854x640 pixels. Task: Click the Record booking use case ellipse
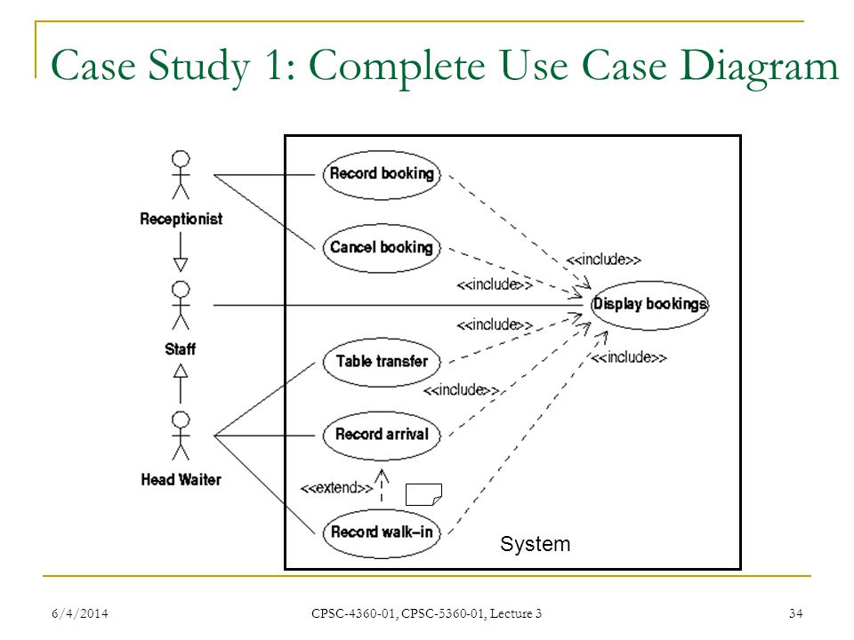382,175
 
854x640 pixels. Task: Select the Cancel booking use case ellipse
382,248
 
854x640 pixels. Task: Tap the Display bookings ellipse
649,305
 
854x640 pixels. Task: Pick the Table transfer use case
382,362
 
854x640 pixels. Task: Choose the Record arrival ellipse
382,436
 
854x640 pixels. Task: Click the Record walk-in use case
382,532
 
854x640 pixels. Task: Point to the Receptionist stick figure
181,175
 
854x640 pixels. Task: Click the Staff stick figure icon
181,305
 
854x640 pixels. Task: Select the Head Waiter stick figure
181,436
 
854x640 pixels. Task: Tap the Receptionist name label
181,219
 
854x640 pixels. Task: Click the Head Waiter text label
181,479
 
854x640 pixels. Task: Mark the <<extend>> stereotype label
336,487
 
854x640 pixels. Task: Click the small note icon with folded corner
423,494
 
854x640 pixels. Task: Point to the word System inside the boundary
536,544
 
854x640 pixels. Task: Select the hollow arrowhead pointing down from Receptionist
181,265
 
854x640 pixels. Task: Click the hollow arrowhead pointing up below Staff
181,371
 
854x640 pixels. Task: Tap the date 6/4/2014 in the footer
80,614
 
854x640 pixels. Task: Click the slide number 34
795,614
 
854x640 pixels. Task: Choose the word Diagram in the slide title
759,67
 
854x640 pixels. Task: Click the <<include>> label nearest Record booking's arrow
603,260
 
